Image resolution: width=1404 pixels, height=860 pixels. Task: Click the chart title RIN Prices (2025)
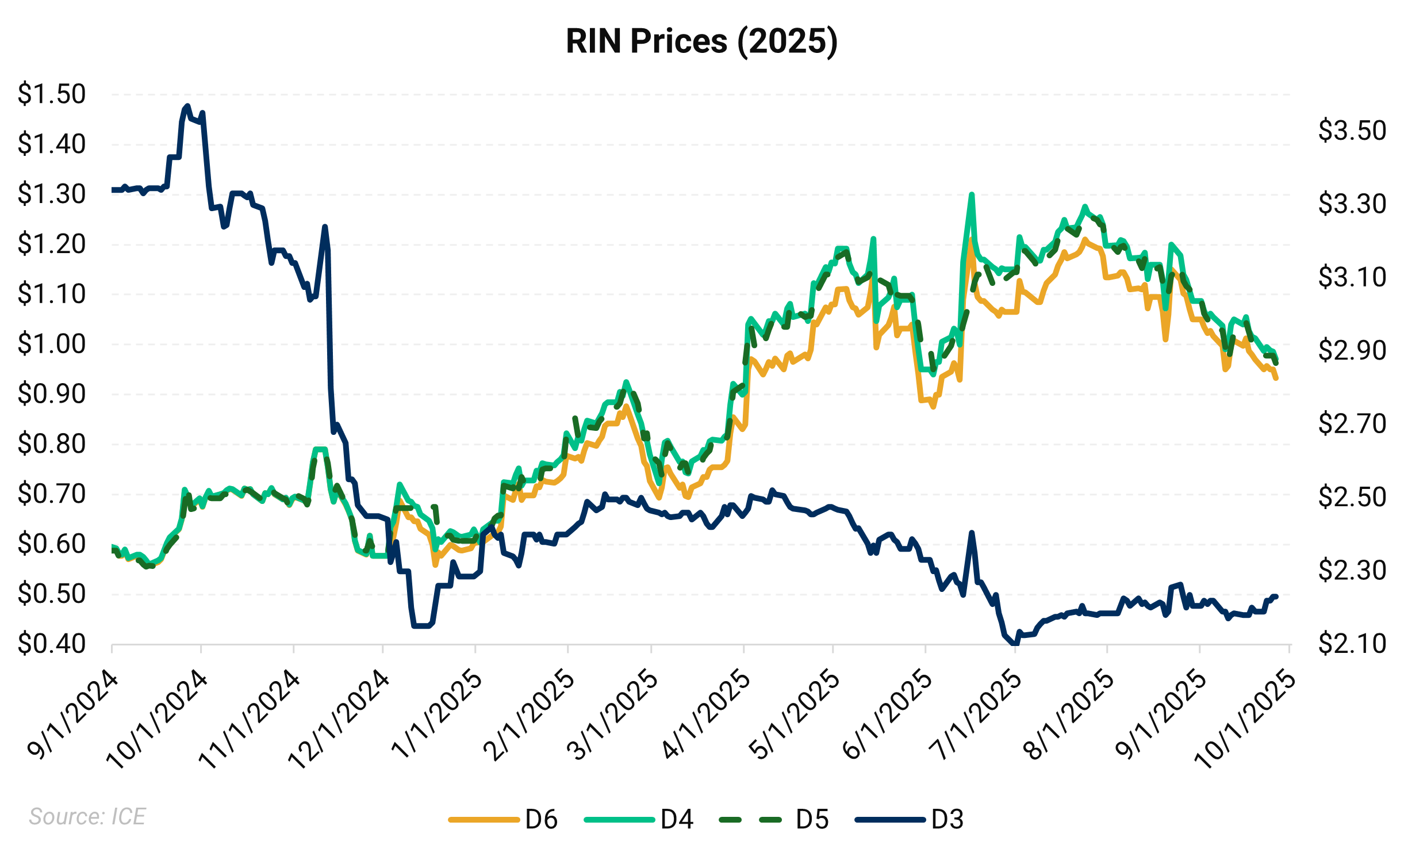[701, 41]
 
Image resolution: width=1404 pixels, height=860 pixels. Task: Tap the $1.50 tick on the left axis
[52, 94]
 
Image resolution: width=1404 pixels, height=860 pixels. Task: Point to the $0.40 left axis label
[52, 644]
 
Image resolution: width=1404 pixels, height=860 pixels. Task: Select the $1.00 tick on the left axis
[52, 345]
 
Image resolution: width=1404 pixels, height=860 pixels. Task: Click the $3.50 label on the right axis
[1352, 131]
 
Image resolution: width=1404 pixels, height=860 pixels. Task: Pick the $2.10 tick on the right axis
[1352, 644]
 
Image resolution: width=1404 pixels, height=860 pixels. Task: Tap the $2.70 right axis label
[1352, 425]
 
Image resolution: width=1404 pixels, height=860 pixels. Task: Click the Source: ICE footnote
[87, 817]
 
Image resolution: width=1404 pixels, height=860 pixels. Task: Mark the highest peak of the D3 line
[186, 106]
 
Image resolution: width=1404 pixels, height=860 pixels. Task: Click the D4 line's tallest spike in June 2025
[972, 194]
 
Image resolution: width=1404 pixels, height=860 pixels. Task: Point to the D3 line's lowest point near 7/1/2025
[1013, 644]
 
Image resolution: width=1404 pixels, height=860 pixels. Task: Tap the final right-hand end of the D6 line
[1276, 378]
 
